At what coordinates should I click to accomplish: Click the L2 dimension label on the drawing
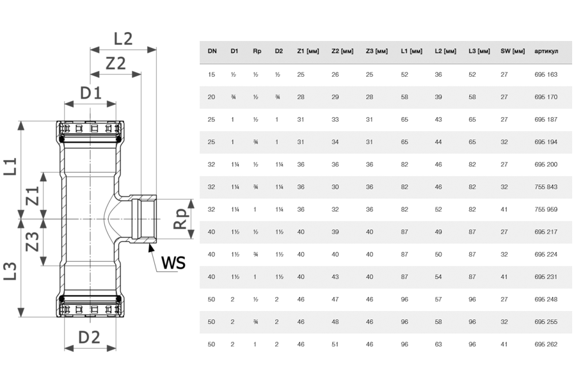(123, 38)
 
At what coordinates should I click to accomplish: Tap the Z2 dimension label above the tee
(115, 63)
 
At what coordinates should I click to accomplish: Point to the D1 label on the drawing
(90, 93)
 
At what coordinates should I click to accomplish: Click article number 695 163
(546, 75)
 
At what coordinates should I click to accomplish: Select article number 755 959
(546, 209)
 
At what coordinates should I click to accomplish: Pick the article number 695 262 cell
(546, 344)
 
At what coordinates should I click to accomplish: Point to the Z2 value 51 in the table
(335, 344)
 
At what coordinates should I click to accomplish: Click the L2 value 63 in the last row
(438, 344)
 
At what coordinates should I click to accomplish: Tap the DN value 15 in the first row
(212, 75)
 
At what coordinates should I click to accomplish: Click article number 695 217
(546, 232)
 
